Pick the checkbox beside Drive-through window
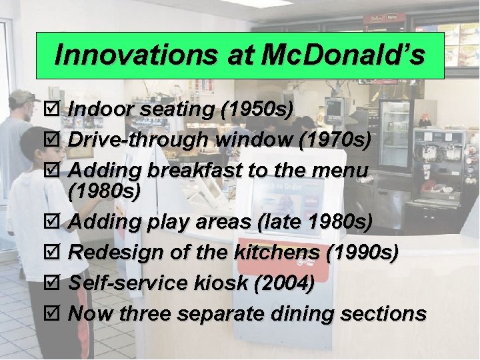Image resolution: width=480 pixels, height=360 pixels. click(57, 140)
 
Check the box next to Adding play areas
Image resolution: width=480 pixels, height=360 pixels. click(57, 222)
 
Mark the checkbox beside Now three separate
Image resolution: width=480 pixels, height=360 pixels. click(57, 313)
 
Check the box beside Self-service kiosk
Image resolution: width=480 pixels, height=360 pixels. click(57, 283)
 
